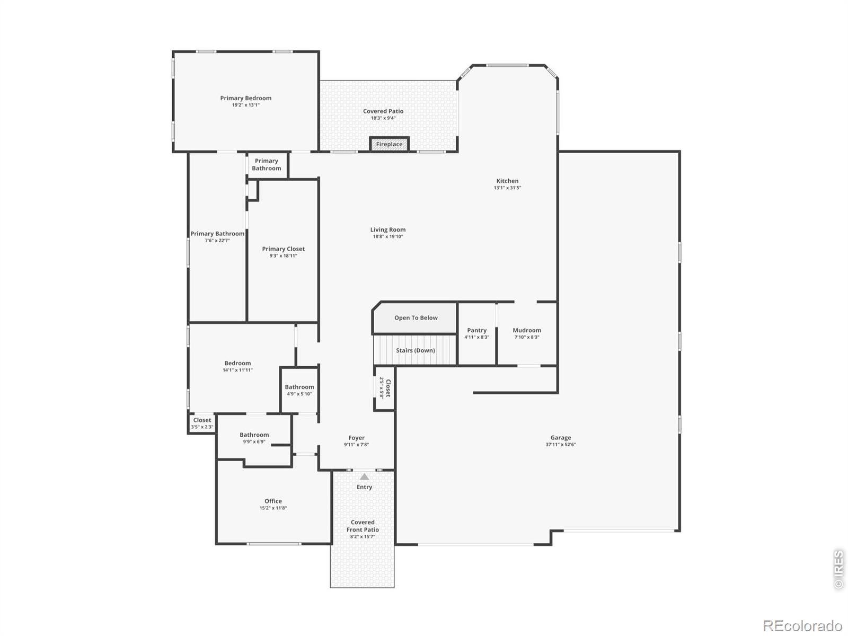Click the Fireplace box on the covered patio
pos(389,144)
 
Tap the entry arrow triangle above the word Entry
pos(364,476)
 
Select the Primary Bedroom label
pos(246,98)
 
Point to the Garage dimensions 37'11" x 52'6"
pos(561,445)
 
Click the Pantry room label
pos(476,330)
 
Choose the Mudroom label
pos(527,330)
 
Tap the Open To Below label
pos(416,318)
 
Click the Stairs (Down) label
pos(416,350)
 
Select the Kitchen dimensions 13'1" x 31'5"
pos(507,188)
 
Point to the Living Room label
pos(388,230)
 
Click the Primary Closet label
pos(283,249)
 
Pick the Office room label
pos(273,501)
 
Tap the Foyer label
pos(356,438)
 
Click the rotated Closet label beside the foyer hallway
pos(388,388)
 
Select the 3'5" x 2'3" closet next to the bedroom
pos(202,423)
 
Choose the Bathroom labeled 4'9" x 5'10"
pos(299,390)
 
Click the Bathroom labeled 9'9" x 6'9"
pos(254,438)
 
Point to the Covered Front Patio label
pos(363,526)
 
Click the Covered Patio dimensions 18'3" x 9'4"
pos(383,118)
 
